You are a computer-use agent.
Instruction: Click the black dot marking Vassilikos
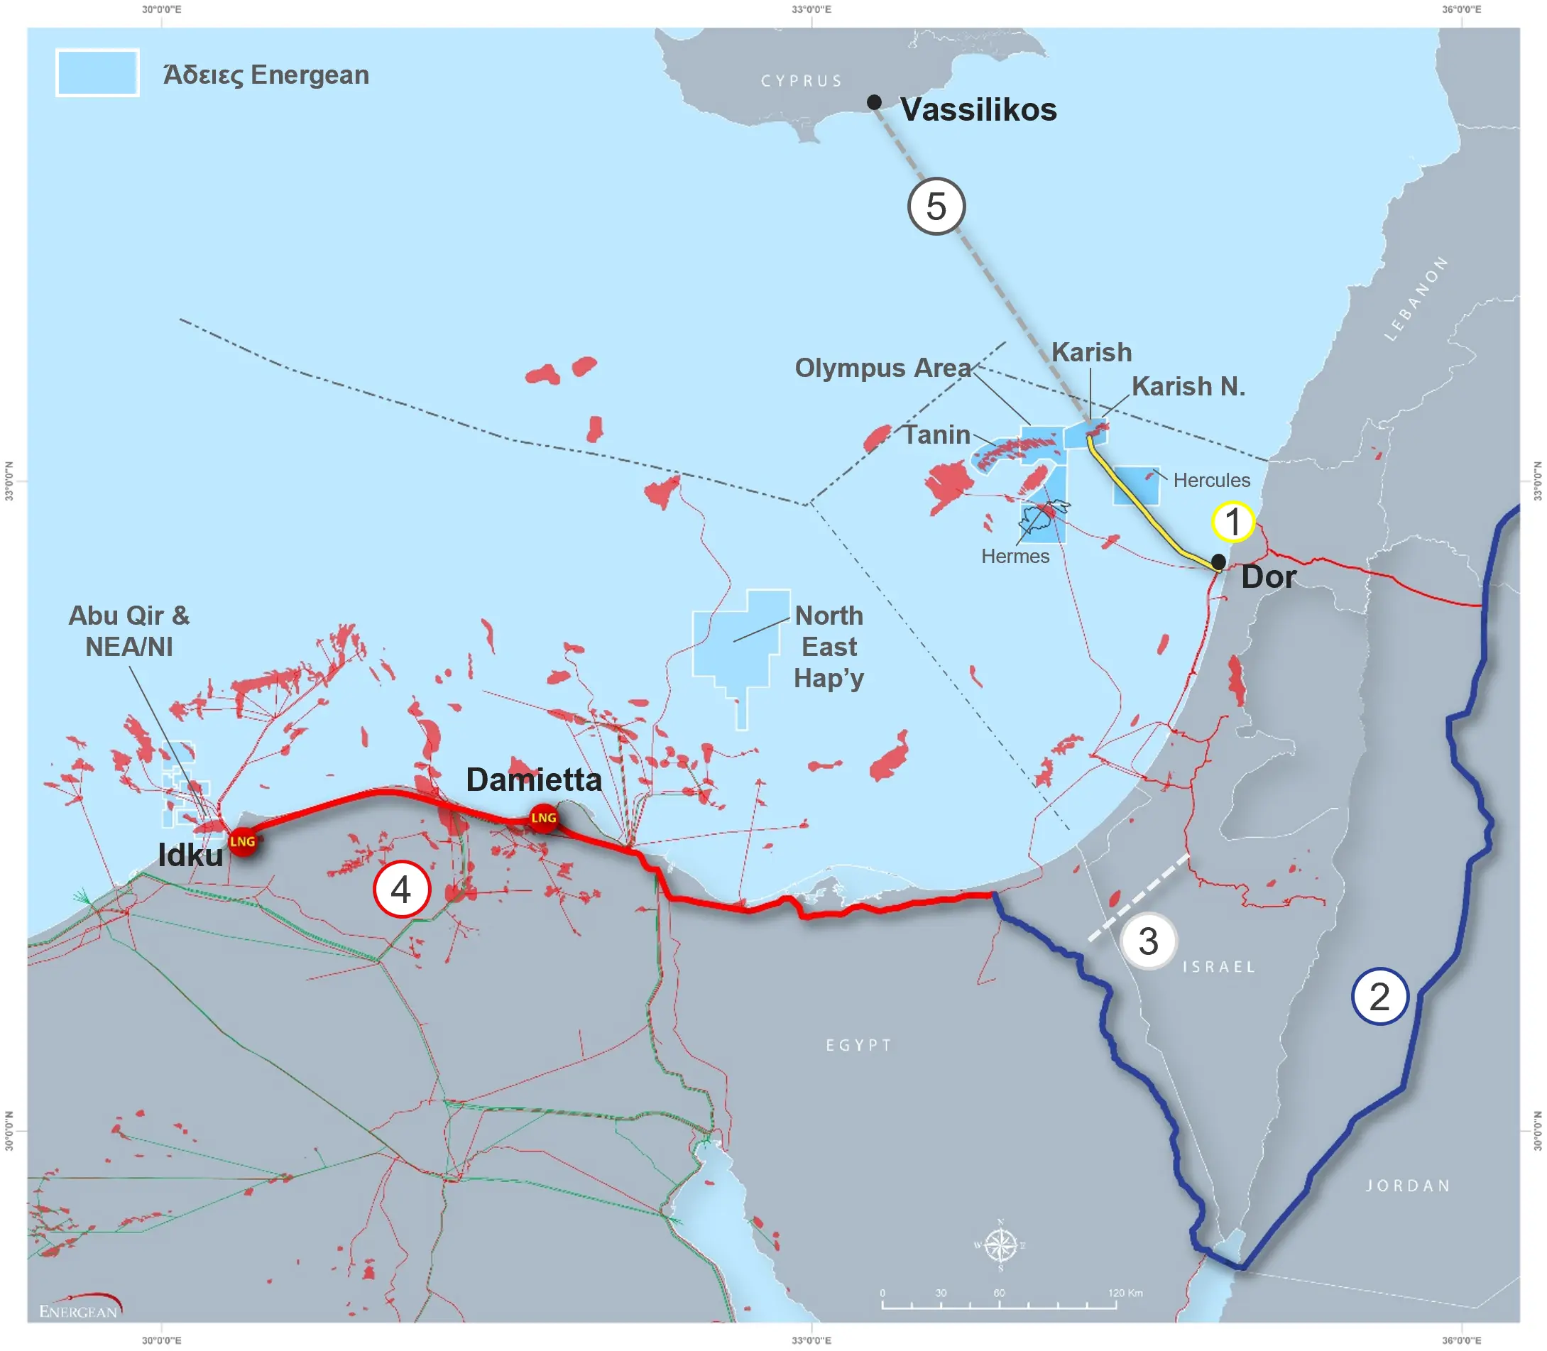[x=874, y=102]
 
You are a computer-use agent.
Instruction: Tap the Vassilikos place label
[x=978, y=110]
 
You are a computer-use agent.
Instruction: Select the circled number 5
[x=936, y=207]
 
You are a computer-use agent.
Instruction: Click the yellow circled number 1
[x=1232, y=521]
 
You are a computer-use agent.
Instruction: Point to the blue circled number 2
[x=1379, y=997]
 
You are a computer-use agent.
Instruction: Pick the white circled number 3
[x=1147, y=941]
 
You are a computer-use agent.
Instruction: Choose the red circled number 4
[x=401, y=889]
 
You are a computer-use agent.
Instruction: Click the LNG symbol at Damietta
[x=544, y=818]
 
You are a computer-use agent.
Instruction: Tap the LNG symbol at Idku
[x=243, y=841]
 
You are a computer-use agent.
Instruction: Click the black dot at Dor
[x=1218, y=562]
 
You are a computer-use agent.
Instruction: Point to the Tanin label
[x=936, y=435]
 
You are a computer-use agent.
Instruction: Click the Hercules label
[x=1210, y=480]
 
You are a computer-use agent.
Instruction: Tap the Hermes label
[x=1015, y=557]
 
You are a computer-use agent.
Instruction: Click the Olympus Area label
[x=882, y=368]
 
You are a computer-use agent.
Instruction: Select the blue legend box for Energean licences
[x=97, y=73]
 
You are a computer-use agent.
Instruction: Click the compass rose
[x=1000, y=1245]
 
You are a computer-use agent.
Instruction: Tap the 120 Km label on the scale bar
[x=1125, y=1293]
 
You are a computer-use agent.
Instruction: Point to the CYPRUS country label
[x=801, y=81]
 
